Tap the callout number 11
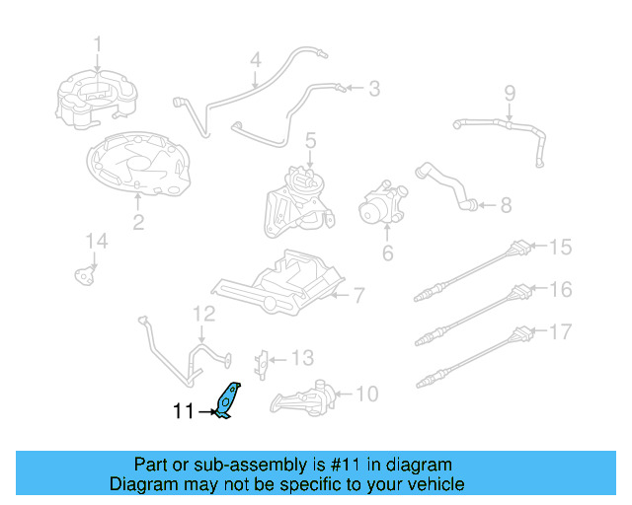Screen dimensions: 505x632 185,412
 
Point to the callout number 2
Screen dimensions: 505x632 138,223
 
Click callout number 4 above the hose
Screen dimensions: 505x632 255,61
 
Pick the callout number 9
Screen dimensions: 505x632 510,95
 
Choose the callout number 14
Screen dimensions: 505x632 95,242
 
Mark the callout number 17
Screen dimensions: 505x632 560,331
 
